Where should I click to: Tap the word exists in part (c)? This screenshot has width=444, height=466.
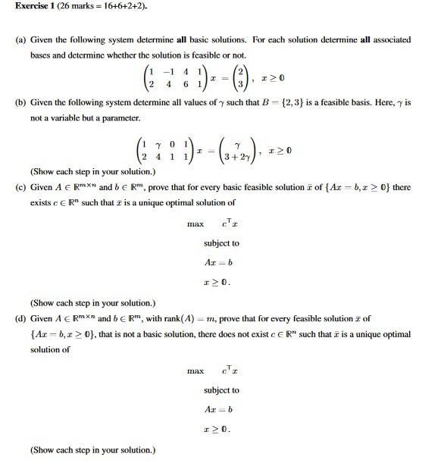coord(42,203)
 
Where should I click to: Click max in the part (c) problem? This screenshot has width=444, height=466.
coord(195,224)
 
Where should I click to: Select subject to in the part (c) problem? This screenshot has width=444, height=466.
coord(221,243)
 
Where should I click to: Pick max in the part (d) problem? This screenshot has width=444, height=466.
coord(195,371)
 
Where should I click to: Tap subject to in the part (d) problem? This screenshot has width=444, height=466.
coord(221,390)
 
